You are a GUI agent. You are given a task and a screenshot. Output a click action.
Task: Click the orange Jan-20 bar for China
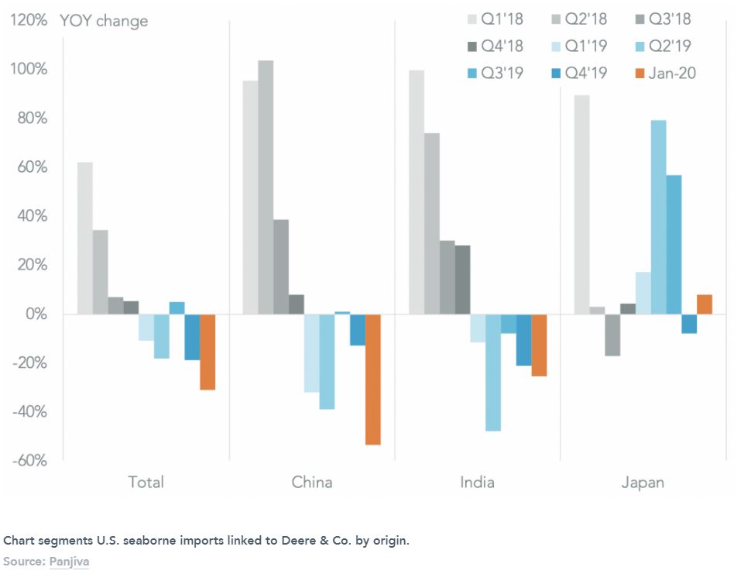coord(373,379)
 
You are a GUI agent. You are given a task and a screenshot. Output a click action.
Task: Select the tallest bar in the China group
coord(266,187)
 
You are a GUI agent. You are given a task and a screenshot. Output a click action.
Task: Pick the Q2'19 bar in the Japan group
coord(658,217)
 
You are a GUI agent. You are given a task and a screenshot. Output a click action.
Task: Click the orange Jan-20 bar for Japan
coord(705,304)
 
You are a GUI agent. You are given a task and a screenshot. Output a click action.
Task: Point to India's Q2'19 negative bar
coord(492,372)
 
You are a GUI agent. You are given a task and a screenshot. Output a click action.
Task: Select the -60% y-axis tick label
coord(29,461)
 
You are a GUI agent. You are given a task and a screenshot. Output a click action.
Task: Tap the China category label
coord(312,483)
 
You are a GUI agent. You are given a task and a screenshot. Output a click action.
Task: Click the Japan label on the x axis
coord(643,483)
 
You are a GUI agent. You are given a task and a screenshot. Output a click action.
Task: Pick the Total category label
coord(146,483)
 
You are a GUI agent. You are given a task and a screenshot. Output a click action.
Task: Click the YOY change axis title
coord(104,21)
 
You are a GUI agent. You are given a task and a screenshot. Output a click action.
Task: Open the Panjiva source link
coord(69,559)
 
